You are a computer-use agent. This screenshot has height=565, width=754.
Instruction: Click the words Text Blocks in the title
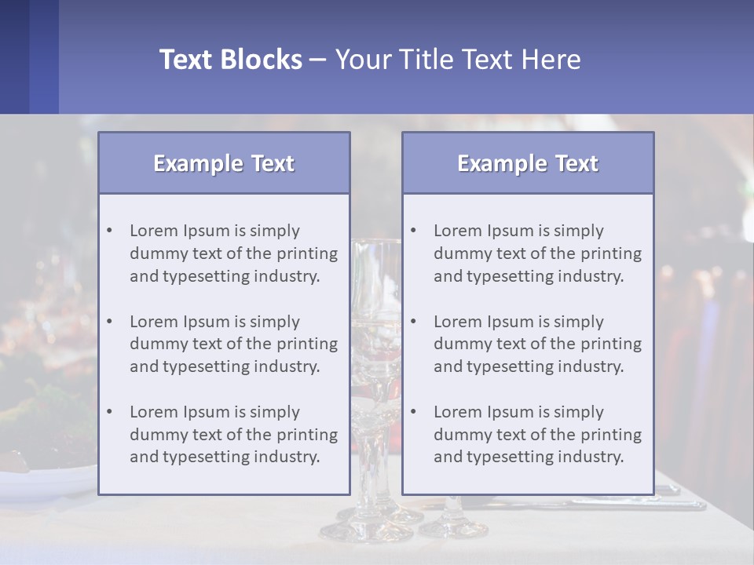point(230,60)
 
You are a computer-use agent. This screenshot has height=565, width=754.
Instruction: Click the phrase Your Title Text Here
point(458,60)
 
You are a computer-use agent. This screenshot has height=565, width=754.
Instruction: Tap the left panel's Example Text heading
point(224,163)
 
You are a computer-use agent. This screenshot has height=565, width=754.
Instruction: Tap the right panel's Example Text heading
point(528,163)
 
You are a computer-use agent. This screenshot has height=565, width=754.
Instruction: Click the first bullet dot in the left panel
point(109,231)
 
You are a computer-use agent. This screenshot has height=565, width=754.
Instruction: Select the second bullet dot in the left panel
point(109,322)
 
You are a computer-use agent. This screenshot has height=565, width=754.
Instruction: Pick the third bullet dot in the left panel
point(109,412)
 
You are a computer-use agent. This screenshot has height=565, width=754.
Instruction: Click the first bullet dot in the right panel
point(413,231)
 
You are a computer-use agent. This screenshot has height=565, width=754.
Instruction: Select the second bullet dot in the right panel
point(413,322)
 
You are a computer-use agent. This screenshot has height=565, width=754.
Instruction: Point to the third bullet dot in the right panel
point(413,412)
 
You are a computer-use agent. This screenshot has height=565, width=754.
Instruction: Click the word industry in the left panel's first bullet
point(287,276)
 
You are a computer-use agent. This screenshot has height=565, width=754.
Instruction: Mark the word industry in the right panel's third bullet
point(591,457)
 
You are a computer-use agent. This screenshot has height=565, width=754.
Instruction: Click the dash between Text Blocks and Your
point(318,60)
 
